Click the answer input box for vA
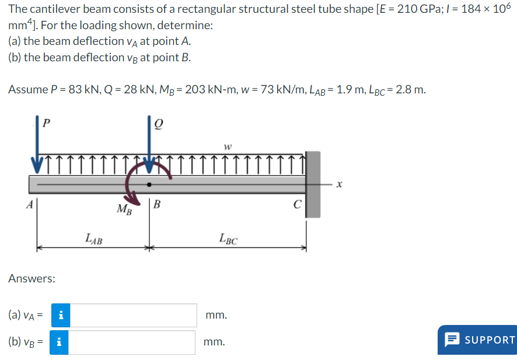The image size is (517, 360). [x=134, y=315]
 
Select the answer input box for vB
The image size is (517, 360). [x=134, y=342]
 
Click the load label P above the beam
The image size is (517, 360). [x=47, y=123]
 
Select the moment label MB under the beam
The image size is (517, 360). [x=124, y=209]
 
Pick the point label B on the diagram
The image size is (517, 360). [x=158, y=204]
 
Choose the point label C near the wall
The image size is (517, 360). [x=297, y=204]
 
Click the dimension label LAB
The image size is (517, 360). [x=93, y=238]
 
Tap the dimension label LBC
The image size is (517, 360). [x=228, y=238]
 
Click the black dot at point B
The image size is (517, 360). [x=150, y=184]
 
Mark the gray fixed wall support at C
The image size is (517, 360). [x=313, y=184]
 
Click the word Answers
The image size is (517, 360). [x=32, y=278]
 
